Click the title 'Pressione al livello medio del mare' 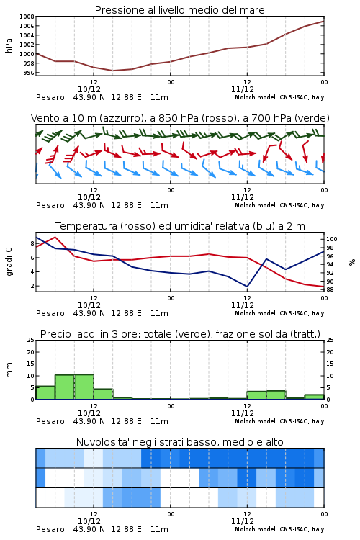tap(179, 10)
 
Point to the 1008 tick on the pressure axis tap(27, 17)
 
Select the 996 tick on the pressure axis tap(29, 73)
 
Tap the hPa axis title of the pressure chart tap(9, 45)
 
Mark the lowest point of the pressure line tap(112, 71)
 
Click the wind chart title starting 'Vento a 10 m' tap(180, 118)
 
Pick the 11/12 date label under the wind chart tap(242, 197)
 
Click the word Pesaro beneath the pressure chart tap(50, 97)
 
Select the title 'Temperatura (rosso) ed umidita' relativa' tap(180, 226)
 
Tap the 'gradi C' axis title tap(9, 262)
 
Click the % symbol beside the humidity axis tap(352, 262)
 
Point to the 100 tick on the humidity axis tap(332, 239)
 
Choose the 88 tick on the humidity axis tap(330, 289)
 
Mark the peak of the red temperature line tap(55, 237)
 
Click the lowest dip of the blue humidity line tap(247, 287)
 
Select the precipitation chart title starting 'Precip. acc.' tap(180, 334)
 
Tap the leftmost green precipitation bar tap(45, 392)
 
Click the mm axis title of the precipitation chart tap(9, 370)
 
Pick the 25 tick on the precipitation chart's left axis tap(31, 340)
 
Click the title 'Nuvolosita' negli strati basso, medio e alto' tap(180, 442)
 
